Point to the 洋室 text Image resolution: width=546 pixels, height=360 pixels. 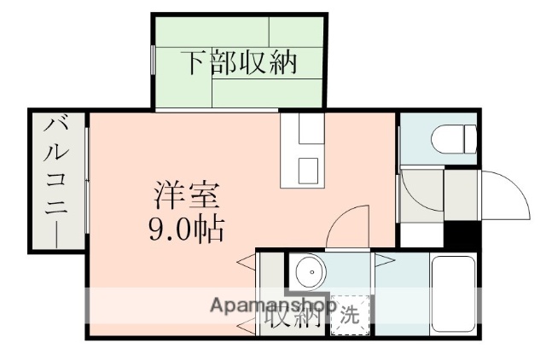187,195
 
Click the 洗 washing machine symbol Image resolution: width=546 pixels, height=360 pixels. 351,314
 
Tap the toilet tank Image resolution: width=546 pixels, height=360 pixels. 468,137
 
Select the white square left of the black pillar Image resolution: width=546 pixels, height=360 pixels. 424,233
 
